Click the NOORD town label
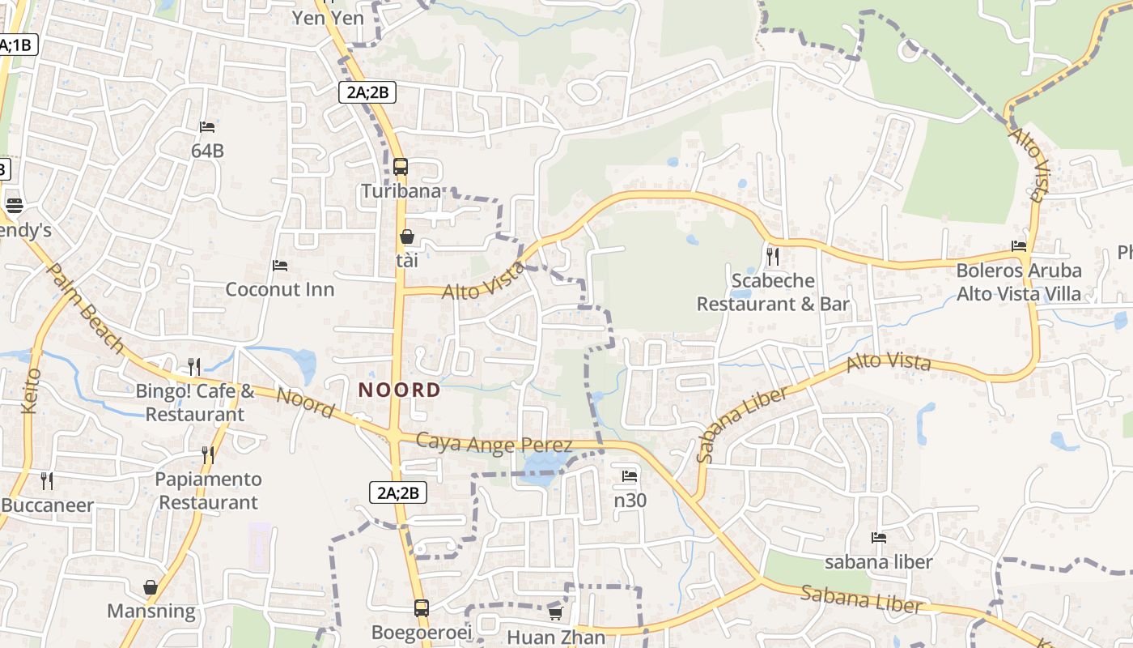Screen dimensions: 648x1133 (x=400, y=390)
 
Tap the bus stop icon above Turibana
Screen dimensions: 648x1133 (x=401, y=168)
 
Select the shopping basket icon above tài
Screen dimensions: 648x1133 (x=407, y=237)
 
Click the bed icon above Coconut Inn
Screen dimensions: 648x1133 (x=280, y=266)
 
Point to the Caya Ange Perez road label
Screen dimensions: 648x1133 (x=494, y=443)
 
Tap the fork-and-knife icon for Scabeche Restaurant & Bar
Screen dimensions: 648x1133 (x=773, y=257)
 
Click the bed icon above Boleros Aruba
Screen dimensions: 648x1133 (x=1019, y=246)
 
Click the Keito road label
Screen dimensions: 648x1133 (x=32, y=390)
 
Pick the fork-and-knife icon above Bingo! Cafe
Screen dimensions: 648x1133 (x=194, y=367)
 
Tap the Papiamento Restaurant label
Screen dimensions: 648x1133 (x=209, y=491)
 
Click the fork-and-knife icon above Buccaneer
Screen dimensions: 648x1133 (x=47, y=481)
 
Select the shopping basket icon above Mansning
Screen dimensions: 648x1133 (x=151, y=587)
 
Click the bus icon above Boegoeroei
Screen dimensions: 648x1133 (x=422, y=607)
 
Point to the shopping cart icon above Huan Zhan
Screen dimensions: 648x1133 (x=555, y=613)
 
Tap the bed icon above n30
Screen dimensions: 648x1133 (x=630, y=476)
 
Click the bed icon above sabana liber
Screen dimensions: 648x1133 (x=879, y=538)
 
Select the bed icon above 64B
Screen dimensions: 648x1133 (x=207, y=127)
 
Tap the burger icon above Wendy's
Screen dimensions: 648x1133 (x=14, y=206)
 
